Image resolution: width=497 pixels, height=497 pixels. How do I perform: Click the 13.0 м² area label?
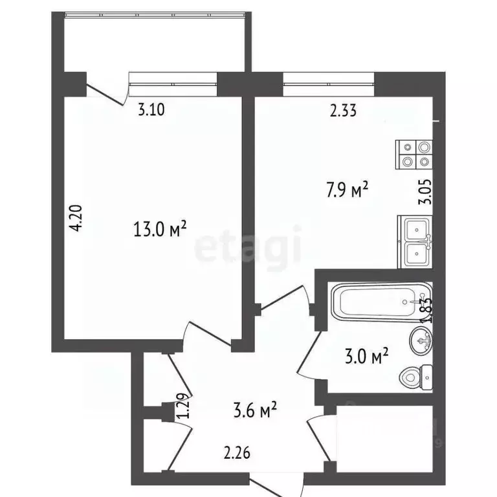[159, 230]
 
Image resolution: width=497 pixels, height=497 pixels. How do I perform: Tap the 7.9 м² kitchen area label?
[347, 190]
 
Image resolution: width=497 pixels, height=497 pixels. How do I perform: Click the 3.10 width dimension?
[152, 109]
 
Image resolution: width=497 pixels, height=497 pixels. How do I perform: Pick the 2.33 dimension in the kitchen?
[343, 111]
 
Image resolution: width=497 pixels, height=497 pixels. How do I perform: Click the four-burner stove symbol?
[414, 154]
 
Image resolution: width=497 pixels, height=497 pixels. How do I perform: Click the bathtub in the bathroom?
[379, 301]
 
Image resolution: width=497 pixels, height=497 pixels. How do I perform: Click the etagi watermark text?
[248, 247]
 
